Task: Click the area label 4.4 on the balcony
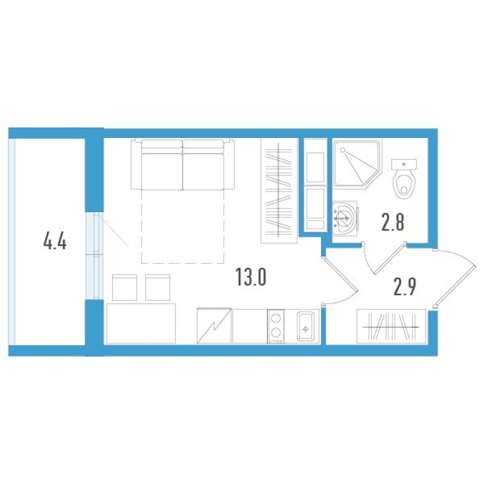54,241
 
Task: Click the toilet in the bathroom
404,179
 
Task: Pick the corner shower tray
355,163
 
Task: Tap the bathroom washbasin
345,216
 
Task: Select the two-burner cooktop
276,327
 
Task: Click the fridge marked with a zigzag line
214,326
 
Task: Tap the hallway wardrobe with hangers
392,327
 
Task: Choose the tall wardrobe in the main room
279,190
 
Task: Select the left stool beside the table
124,287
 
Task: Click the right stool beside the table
158,287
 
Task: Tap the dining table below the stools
141,323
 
